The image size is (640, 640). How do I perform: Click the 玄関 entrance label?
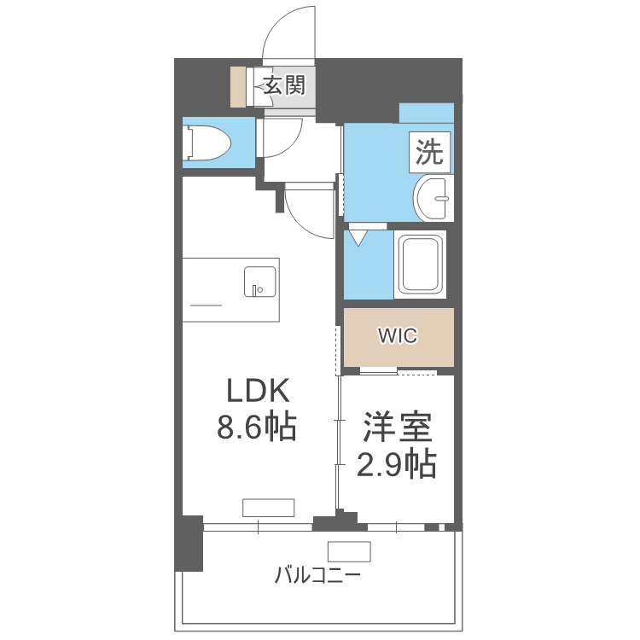coord(283,85)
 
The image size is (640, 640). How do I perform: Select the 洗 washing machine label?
coord(430,153)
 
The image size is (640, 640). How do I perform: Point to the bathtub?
coord(422,264)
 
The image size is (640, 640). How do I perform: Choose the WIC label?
coord(398,336)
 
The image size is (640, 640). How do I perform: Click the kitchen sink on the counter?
coord(259,282)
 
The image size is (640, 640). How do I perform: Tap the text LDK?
coord(259,391)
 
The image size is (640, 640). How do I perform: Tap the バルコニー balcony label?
coord(317,575)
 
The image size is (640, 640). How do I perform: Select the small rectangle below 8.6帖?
coord(268,508)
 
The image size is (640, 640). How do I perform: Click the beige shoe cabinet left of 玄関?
coord(237,85)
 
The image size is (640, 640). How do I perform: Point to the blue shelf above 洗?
coord(426,113)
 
